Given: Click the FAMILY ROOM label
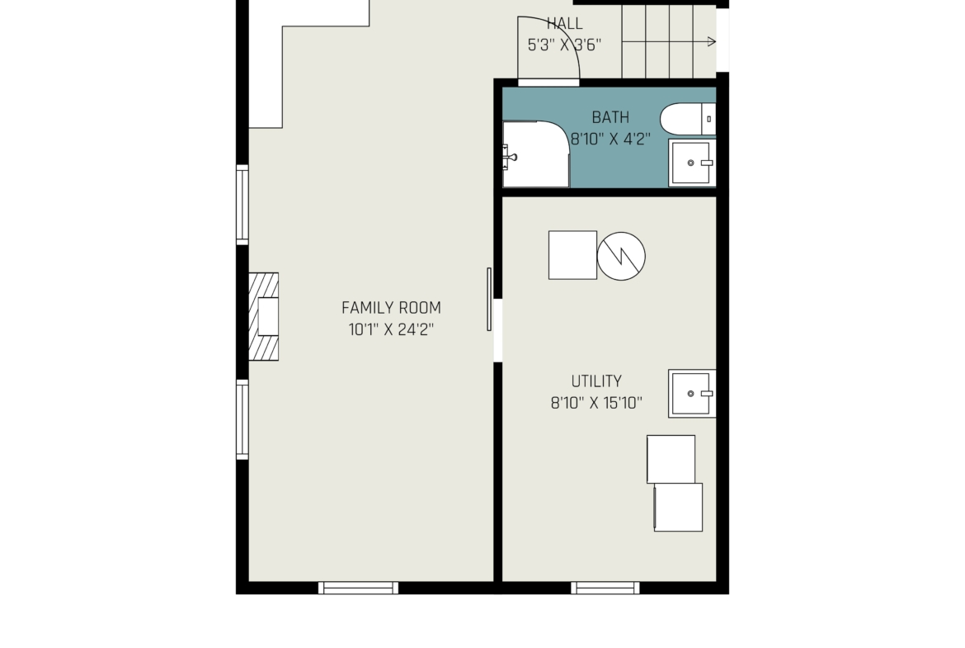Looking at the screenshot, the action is [391, 307].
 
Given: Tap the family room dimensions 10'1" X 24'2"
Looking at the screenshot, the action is [391, 329].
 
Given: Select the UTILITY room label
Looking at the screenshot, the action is [596, 381].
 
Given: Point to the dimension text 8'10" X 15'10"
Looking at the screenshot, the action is [596, 403].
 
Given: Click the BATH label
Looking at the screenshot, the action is [610, 117].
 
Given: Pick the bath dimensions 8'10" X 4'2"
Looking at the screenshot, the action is [610, 140].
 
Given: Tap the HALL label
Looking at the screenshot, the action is [564, 23].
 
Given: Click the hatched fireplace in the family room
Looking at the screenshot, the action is [263, 317].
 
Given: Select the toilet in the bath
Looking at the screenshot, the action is [688, 119].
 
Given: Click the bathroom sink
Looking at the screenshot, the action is [692, 163].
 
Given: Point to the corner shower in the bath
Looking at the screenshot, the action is [536, 154].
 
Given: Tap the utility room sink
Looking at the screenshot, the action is [692, 394].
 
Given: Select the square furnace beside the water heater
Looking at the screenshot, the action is [572, 255].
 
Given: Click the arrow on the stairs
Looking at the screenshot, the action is [669, 42].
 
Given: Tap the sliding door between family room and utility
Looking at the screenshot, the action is [489, 300].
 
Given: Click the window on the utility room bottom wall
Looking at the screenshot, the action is [605, 589].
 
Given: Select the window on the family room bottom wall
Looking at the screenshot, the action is [358, 589].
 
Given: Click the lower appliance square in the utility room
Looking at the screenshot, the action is [678, 507].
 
